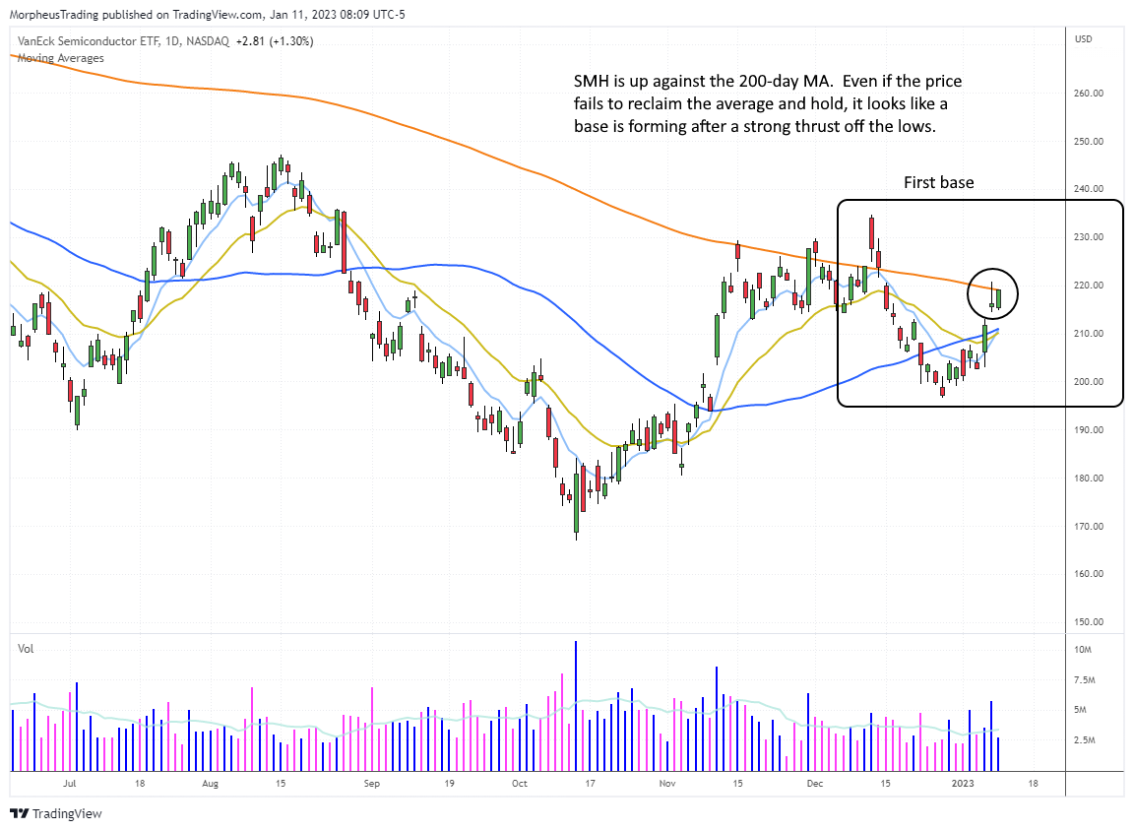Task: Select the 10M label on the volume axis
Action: [1084, 650]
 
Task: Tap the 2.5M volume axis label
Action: [1086, 740]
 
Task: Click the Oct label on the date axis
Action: [520, 785]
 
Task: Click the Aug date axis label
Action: [209, 785]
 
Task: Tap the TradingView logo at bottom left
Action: [56, 814]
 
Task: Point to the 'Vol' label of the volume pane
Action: [24, 648]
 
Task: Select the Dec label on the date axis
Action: [814, 785]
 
